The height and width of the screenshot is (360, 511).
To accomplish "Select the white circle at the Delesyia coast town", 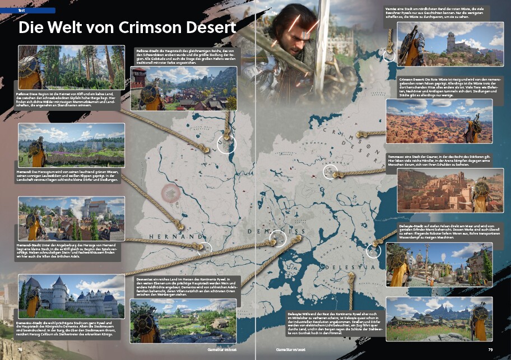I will point(374,251).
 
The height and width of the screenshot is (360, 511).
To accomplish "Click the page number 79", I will point(490,349).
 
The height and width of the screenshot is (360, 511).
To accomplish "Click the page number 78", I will point(20,349).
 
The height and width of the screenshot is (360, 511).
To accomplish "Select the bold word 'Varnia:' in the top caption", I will point(393,8).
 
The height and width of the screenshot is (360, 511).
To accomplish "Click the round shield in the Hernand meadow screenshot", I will point(36,148).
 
